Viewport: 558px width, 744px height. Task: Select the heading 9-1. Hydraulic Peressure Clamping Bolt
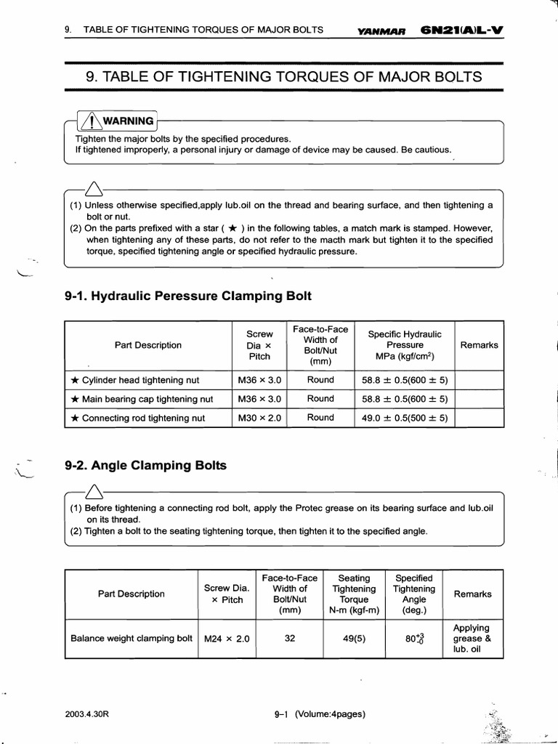tap(187, 296)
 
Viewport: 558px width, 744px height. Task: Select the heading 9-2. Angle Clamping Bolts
tap(145, 465)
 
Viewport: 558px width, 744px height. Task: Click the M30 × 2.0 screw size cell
tap(259, 418)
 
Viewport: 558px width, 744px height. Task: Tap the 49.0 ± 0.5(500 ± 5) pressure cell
tap(404, 418)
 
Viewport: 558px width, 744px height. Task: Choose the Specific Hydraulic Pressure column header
tap(405, 345)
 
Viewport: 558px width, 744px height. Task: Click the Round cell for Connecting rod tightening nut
tap(320, 418)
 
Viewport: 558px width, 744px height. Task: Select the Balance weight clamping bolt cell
tap(131, 639)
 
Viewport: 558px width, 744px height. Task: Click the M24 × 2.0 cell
tap(227, 639)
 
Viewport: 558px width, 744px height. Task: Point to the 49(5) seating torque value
tap(354, 639)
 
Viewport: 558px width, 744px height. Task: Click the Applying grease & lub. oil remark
tap(472, 639)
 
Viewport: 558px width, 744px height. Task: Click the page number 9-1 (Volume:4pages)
tap(316, 713)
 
